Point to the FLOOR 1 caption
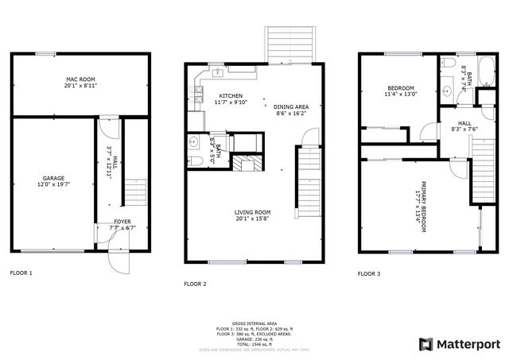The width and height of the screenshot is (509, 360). point(21,273)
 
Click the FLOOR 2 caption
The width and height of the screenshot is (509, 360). point(195,284)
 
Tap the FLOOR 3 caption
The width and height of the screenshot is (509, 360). point(368,273)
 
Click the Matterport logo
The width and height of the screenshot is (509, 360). point(460,343)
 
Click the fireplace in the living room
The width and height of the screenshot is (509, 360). point(247,165)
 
